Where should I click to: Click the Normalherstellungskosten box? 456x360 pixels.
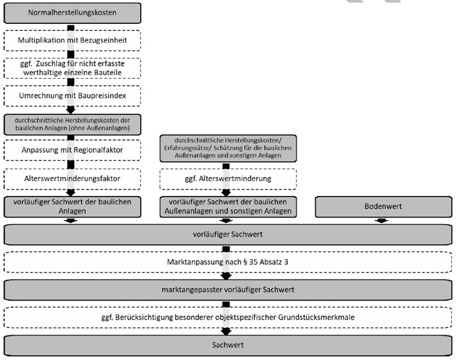(x=72, y=13)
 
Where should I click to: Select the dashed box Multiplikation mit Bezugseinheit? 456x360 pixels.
(x=72, y=40)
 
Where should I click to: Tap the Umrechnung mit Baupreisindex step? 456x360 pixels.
(x=72, y=96)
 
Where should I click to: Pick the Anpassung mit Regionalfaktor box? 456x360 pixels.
(x=72, y=150)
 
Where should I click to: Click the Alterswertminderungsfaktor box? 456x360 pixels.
(x=72, y=179)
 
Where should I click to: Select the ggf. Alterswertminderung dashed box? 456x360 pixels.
(x=228, y=179)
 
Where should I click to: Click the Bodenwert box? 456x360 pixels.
(x=384, y=207)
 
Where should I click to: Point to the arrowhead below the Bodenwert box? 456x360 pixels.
(x=381, y=221)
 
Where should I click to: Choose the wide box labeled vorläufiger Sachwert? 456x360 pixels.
(x=228, y=235)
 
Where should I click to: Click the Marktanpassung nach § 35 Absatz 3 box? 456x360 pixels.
(x=228, y=262)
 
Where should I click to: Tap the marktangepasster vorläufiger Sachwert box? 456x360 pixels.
(x=228, y=290)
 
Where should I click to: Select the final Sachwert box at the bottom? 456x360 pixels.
(x=228, y=345)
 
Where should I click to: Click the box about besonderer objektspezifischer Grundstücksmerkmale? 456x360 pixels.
(x=228, y=317)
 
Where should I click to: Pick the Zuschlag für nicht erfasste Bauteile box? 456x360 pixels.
(x=72, y=68)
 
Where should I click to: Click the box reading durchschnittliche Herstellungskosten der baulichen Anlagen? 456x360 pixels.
(x=72, y=125)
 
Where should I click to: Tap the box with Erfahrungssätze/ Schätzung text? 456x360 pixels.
(x=228, y=148)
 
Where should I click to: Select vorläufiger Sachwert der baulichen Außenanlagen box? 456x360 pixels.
(x=228, y=207)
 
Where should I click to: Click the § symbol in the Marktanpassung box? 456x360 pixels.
(x=245, y=263)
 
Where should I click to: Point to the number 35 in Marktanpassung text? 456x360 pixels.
(x=253, y=262)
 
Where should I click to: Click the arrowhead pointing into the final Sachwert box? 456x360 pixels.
(x=226, y=331)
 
